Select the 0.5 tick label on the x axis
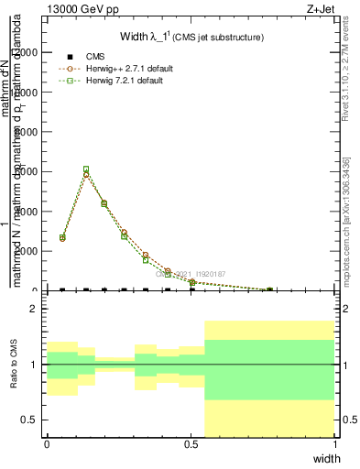191,443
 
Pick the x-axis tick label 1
335,443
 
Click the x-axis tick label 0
47,443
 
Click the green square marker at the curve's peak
86,169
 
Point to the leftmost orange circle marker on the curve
62,238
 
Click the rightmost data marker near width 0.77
269,289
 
